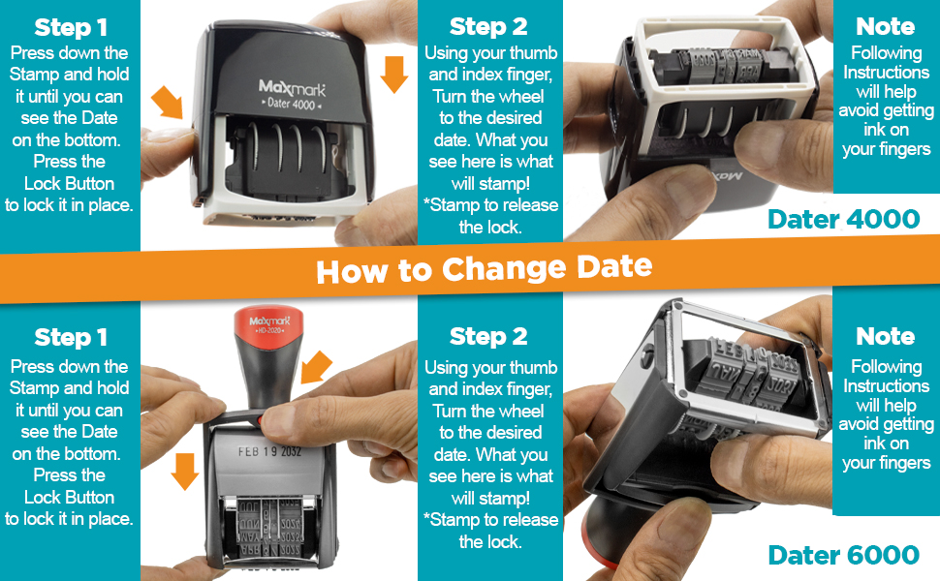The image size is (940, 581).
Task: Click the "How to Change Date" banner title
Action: tap(484, 268)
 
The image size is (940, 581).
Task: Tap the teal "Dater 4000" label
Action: tap(842, 219)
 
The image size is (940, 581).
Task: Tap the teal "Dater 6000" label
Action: tap(842, 555)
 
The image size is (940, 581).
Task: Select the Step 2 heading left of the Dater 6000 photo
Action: tap(488, 336)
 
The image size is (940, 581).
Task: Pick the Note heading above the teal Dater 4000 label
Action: tap(885, 26)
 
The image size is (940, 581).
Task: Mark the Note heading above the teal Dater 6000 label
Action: tap(885, 336)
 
